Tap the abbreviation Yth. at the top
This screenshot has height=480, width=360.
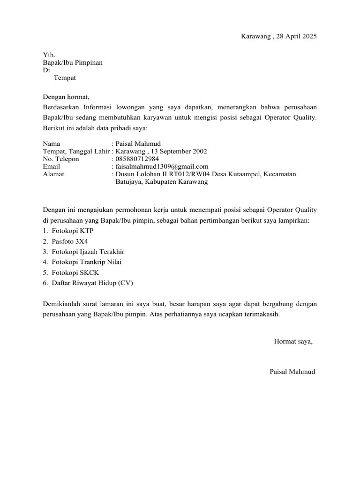point(49,55)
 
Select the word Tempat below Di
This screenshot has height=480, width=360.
point(65,78)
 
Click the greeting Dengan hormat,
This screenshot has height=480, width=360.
point(66,97)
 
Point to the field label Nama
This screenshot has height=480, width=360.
point(51,144)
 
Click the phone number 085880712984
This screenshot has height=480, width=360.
point(135,159)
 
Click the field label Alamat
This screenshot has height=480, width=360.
point(53,174)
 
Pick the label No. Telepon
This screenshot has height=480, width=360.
point(61,159)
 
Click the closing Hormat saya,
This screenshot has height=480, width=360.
point(293,341)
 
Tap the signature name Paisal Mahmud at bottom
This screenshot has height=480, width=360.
point(292,372)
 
